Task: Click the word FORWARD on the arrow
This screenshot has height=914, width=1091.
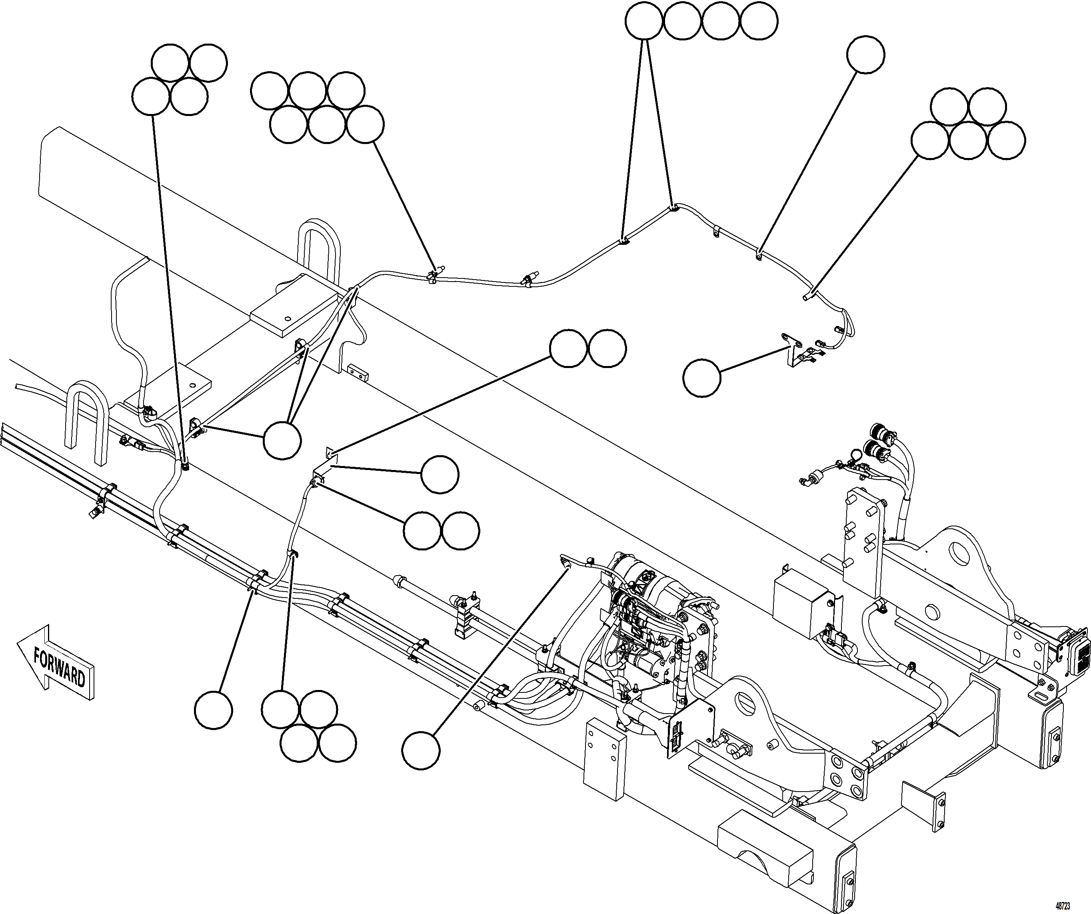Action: pos(59,667)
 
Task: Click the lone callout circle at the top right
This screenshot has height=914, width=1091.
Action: pos(865,54)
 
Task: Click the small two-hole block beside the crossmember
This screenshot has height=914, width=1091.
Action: pos(358,372)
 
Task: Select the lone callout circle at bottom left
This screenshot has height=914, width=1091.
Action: pos(214,710)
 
